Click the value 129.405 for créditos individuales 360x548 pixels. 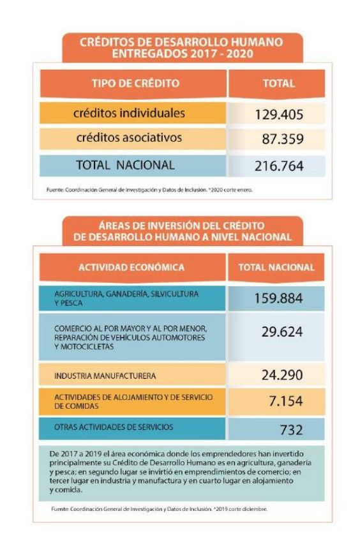point(279,114)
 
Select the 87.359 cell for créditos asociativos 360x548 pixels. point(283,139)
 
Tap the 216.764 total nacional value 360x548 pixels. point(279,165)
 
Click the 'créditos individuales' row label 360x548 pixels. point(129,113)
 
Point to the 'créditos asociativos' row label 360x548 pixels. point(129,137)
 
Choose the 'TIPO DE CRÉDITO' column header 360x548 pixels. point(135,83)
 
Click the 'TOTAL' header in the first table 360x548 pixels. point(279,83)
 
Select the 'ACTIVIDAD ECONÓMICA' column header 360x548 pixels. point(131,268)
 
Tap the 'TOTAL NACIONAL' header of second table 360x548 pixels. point(276,268)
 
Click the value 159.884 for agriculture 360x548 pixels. point(278,298)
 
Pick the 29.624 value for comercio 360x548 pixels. point(282,331)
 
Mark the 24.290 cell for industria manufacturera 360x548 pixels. point(282,375)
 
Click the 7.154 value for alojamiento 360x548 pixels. point(285,401)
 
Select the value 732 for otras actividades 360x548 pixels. point(291,430)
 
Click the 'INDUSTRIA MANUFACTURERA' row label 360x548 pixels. point(105,376)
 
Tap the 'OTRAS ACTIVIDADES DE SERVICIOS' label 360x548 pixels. point(114,427)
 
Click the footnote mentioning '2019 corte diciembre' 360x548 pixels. point(159,509)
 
